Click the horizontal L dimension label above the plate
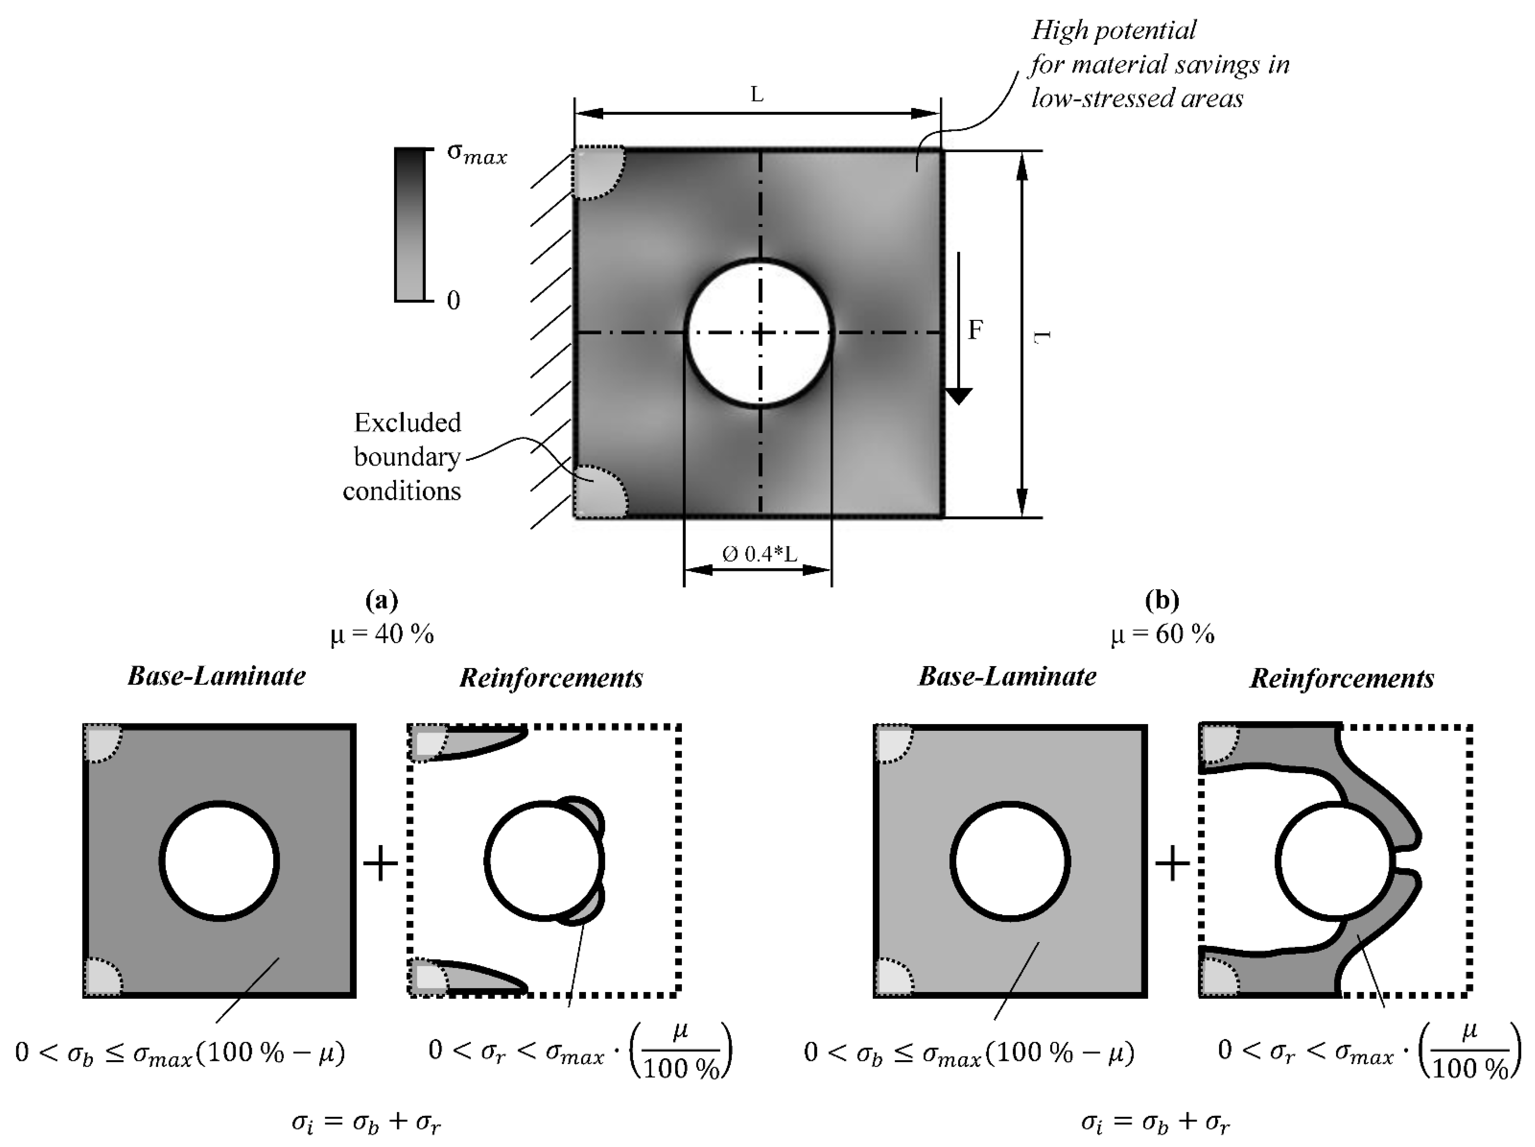point(757,94)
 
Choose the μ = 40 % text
point(382,633)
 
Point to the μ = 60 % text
point(1162,633)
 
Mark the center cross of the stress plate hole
point(761,333)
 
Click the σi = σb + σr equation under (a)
point(366,1122)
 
